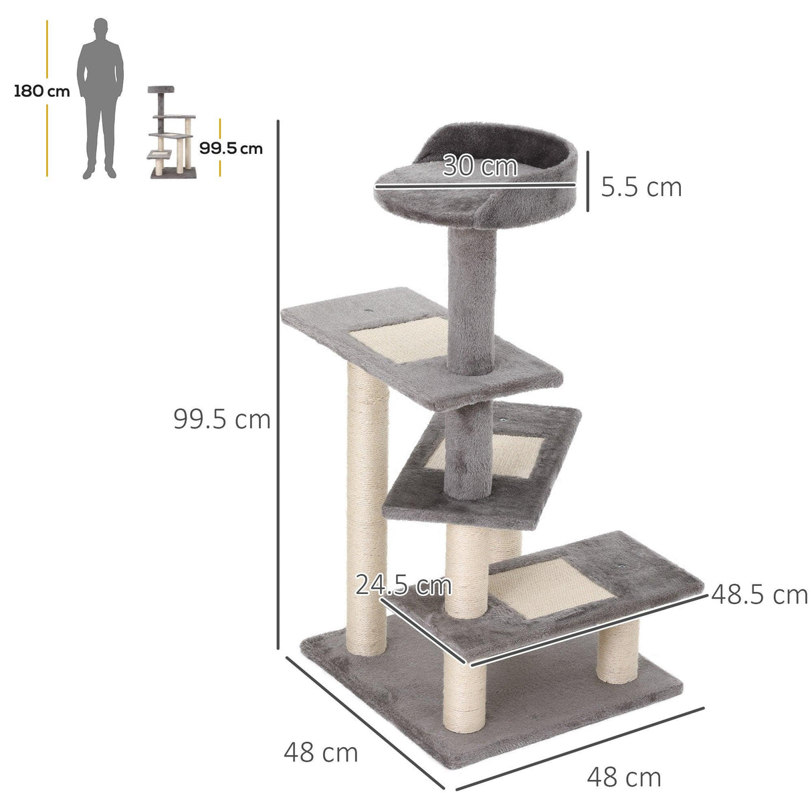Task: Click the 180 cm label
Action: [41, 92]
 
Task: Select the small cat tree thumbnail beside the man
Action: [172, 132]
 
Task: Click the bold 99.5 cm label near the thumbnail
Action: [231, 148]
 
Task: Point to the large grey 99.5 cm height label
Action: [221, 419]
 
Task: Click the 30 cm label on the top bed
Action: [480, 166]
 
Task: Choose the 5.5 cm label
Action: [641, 187]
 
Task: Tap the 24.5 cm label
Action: [403, 585]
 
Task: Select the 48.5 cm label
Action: [759, 594]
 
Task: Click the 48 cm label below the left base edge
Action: [320, 752]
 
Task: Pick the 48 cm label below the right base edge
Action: [623, 777]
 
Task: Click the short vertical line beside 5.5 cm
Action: [588, 181]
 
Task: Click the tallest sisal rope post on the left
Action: [367, 508]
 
